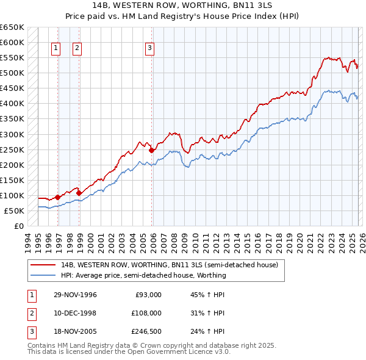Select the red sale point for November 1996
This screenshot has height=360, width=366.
click(x=57, y=197)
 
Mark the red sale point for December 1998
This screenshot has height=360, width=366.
click(x=79, y=193)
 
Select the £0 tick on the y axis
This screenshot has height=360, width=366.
click(x=18, y=226)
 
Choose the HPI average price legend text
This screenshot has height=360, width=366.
click(x=143, y=275)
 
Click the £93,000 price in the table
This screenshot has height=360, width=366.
click(x=148, y=295)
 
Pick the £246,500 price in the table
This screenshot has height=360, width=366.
click(x=146, y=331)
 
